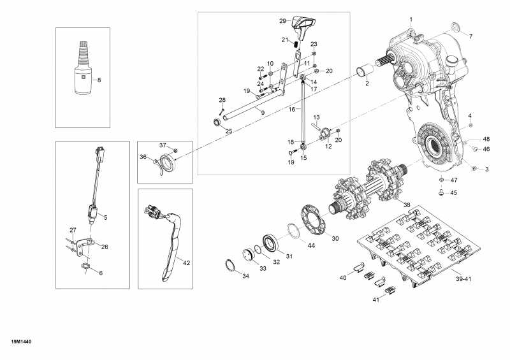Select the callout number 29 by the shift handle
[283, 21]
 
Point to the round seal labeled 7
[454, 27]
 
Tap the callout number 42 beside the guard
[186, 262]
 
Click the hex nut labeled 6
[85, 264]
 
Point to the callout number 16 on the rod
[292, 110]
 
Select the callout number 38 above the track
[407, 205]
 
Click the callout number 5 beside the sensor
[105, 217]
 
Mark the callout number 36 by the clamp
[143, 157]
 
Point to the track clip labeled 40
[358, 264]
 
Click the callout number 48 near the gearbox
[486, 139]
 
